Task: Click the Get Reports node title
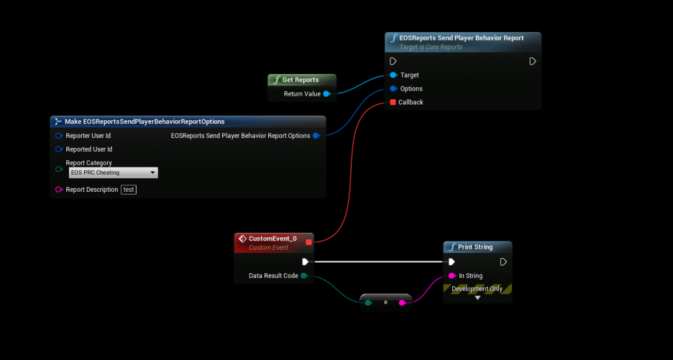point(300,79)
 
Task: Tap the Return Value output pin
point(326,94)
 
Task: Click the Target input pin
point(393,75)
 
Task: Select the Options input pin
point(393,89)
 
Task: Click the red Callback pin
point(393,102)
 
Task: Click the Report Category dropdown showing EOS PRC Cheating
point(113,173)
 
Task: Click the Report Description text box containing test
point(129,190)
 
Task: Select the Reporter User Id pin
point(58,135)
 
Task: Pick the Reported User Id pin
point(58,149)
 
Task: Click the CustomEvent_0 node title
point(272,238)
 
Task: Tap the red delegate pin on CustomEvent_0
point(309,242)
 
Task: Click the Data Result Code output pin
point(304,276)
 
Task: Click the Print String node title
point(475,247)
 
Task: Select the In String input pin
point(452,276)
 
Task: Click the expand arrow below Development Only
point(478,298)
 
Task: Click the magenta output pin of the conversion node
point(402,302)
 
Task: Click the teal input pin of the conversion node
point(368,302)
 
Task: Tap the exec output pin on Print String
point(503,261)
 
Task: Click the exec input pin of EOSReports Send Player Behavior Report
point(393,61)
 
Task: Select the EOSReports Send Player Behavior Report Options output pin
point(316,136)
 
